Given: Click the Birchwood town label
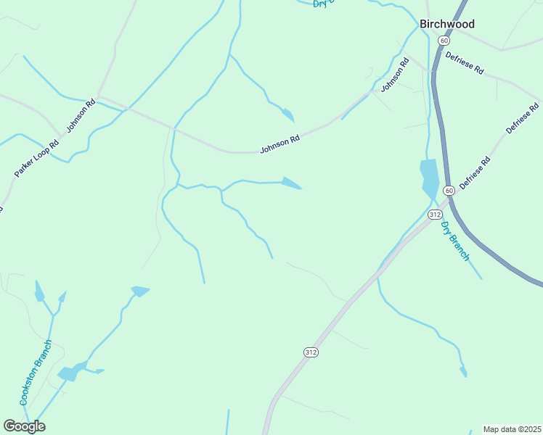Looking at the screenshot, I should pos(447,24).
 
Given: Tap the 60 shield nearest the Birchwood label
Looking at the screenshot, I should pos(444,41).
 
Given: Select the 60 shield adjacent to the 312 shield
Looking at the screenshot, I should pos(449,191).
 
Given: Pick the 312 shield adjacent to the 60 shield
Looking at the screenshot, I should pos(435,215).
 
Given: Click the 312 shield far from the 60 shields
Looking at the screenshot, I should pos(311,352).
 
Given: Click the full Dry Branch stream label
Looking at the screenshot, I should pos(456,241).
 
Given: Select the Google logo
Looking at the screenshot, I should pos(24,426).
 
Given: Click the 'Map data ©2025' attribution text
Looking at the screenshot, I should pos(512,429).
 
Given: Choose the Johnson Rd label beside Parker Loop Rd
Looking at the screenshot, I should pos(81,116).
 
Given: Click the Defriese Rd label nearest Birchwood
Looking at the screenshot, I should pos(465,64).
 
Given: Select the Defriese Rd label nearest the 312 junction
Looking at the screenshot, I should pos(475,173).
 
